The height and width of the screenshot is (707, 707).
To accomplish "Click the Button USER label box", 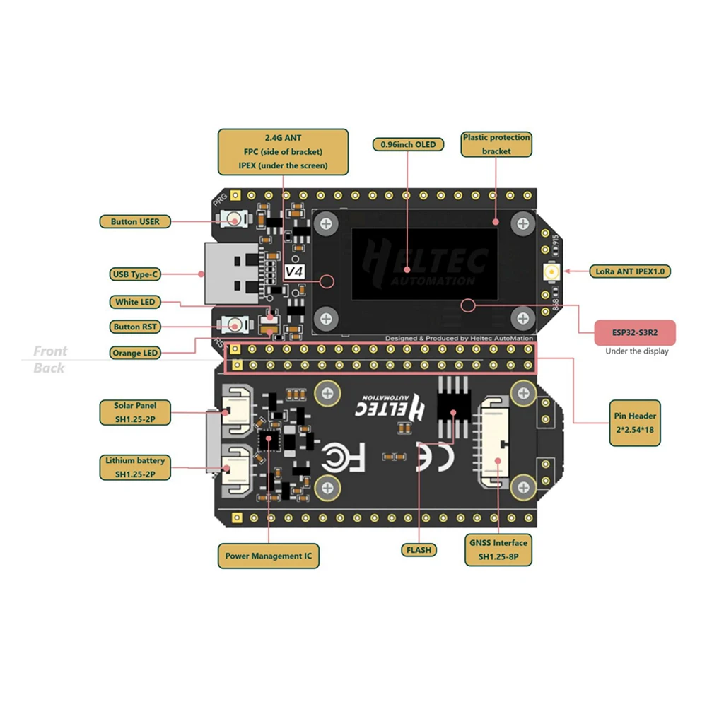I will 135,221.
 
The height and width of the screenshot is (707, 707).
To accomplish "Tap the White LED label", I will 135,302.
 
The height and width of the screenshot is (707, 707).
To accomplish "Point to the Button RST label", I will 135,327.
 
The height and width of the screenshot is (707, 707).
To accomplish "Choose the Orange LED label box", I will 135,352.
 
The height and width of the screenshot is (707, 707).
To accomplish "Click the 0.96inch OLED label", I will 408,144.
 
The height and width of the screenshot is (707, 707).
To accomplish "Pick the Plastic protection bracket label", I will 496,144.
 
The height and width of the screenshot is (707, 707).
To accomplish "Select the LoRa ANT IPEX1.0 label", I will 629,271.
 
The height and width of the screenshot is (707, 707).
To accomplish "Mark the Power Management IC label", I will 268,556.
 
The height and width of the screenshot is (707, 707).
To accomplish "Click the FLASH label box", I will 418,549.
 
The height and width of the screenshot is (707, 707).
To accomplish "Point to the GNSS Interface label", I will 498,549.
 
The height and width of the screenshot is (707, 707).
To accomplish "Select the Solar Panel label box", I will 134,412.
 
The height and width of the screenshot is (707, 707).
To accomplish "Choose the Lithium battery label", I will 134,467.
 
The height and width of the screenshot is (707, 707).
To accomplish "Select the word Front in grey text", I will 51,351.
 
